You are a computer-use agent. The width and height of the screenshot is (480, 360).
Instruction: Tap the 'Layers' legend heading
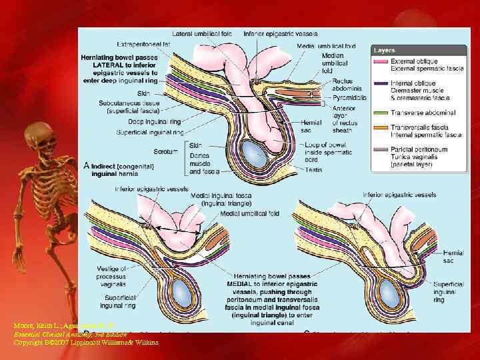tap(385, 50)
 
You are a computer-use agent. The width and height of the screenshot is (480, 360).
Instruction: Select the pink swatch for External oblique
tap(381, 62)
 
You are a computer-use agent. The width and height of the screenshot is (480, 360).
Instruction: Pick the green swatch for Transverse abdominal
tap(381, 113)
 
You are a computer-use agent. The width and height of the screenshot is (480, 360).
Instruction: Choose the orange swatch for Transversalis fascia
tap(381, 127)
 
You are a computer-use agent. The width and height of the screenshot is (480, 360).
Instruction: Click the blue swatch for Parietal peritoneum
tap(381, 149)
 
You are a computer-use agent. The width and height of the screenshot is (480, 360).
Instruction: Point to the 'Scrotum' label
tap(166, 151)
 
